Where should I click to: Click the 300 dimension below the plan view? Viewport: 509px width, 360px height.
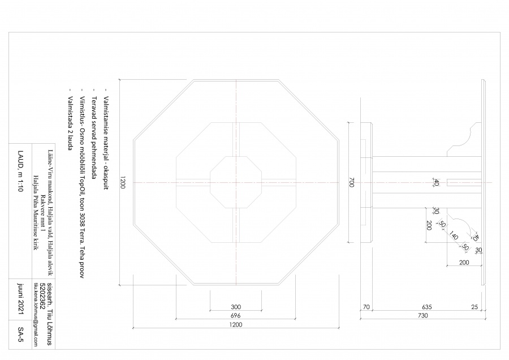(235, 307)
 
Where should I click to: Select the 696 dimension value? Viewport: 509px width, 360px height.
(235, 315)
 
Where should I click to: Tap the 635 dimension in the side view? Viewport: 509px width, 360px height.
(426, 307)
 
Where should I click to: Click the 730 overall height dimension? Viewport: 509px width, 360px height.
(422, 315)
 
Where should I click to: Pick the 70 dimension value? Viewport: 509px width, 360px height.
(366, 307)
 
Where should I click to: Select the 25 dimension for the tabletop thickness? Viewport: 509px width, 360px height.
(475, 307)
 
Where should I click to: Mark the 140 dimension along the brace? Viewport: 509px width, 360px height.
(454, 238)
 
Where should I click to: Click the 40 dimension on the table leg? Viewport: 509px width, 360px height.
(436, 182)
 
